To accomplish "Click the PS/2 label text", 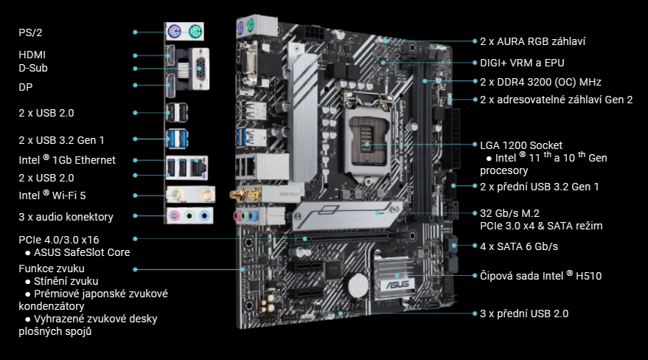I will [29, 32].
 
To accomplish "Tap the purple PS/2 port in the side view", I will [174, 32].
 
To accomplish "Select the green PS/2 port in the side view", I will [195, 32].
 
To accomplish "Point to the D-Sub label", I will [34, 69].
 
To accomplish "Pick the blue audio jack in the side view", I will [205, 216].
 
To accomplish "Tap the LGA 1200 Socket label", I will [520, 145].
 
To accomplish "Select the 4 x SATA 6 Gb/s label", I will [519, 246].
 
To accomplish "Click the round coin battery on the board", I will [358, 283].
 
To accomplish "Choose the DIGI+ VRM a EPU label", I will [522, 63].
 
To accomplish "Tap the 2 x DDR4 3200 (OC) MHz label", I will [540, 82].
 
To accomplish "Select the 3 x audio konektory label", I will [66, 217].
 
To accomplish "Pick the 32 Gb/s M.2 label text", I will [515, 212].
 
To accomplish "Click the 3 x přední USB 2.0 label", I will [524, 314].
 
